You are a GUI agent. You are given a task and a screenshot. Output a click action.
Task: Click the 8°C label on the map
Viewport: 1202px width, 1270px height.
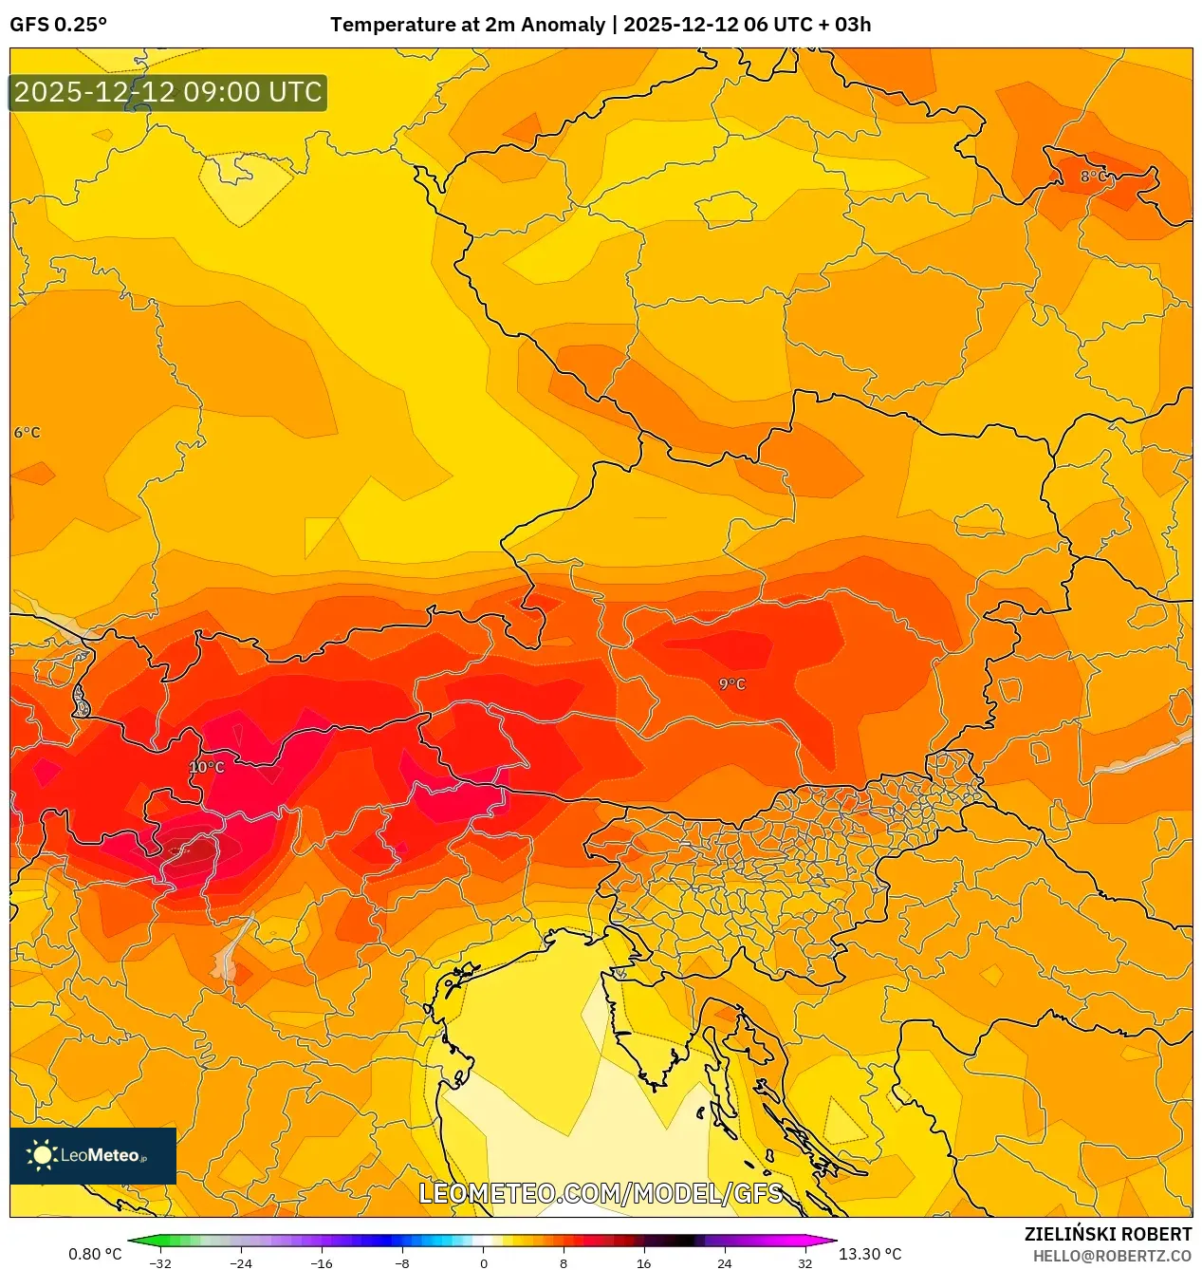click(1093, 177)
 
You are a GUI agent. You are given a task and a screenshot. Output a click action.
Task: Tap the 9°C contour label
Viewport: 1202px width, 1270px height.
click(731, 683)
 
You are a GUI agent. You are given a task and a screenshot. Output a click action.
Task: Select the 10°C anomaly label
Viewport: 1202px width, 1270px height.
click(207, 767)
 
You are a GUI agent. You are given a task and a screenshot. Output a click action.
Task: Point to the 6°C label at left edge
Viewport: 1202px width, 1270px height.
click(27, 432)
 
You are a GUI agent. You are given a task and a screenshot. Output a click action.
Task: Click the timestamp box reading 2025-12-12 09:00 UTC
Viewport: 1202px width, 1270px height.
click(168, 92)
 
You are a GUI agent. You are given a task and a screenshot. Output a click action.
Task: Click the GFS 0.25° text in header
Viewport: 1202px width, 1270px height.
click(58, 25)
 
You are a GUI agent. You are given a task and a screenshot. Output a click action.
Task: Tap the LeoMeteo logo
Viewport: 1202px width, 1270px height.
click(92, 1155)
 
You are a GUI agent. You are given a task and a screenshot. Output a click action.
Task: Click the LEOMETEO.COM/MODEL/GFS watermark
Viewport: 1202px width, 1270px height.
click(601, 1193)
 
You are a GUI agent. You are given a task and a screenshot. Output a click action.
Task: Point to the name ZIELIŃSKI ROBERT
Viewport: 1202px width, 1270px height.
click(1107, 1234)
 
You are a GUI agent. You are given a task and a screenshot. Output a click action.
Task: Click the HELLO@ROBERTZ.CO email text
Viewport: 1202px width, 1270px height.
click(1112, 1256)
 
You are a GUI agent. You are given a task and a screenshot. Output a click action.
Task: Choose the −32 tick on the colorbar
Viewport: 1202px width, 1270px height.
click(160, 1263)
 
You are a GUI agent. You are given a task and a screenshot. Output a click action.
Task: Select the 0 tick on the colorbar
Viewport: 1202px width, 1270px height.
click(483, 1263)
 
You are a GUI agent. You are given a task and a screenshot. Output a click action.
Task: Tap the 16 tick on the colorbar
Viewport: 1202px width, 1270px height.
click(643, 1263)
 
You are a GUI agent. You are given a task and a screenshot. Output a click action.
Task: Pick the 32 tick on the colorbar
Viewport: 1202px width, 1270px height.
click(804, 1263)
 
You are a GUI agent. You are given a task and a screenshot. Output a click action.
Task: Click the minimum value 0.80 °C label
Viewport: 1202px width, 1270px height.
click(95, 1254)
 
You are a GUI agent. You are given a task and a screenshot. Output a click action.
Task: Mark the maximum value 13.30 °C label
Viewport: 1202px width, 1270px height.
click(870, 1254)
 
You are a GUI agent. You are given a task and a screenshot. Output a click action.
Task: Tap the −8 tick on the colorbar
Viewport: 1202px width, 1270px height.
click(402, 1263)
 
